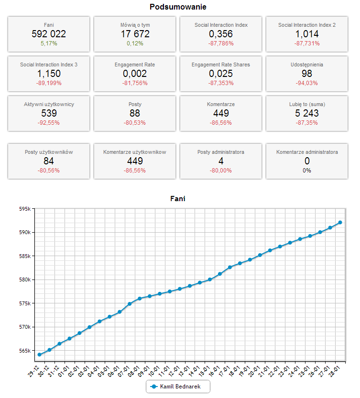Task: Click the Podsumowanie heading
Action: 178,7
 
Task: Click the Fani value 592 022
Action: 49,34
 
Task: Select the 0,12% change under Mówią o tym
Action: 135,43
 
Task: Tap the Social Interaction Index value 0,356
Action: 221,34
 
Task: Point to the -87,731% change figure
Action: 307,43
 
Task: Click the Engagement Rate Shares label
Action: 221,65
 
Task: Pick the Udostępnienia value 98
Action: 307,74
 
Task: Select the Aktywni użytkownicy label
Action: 49,104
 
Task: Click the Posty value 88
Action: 135,113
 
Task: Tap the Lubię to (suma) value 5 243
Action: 307,113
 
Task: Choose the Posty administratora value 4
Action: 221,161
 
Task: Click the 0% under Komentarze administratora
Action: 307,171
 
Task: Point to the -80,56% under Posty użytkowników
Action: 49,171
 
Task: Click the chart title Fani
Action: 178,199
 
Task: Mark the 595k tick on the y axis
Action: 24,209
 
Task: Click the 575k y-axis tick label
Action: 24,303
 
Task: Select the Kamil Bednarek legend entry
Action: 178,386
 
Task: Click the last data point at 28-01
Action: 340,222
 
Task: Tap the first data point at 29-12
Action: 40,355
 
